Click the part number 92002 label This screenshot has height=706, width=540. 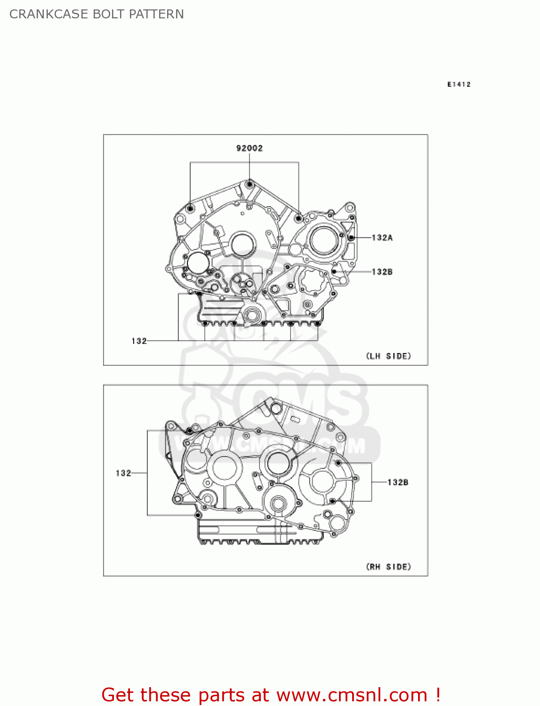tap(249, 148)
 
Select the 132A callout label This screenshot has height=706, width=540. tap(382, 238)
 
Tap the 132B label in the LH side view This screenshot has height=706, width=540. tap(382, 272)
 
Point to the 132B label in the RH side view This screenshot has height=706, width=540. tap(397, 482)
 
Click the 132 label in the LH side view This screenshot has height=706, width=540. tap(139, 341)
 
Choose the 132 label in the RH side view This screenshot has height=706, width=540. tap(123, 473)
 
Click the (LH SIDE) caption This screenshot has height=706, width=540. tap(388, 356)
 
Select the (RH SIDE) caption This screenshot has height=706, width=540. tap(388, 567)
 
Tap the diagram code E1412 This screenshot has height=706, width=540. tap(459, 84)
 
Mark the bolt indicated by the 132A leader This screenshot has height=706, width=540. tap(351, 238)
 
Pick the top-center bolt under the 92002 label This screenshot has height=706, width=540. tap(250, 184)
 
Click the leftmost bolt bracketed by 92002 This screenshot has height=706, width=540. tap(190, 208)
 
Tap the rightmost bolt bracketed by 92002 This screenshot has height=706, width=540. tap(298, 218)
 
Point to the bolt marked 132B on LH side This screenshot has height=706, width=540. tap(334, 272)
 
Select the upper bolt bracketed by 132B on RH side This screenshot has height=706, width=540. tap(338, 463)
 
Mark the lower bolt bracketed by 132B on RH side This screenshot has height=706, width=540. tap(332, 501)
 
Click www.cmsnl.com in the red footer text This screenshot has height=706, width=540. tap(351, 695)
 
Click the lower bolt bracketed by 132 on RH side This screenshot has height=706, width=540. tap(198, 515)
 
